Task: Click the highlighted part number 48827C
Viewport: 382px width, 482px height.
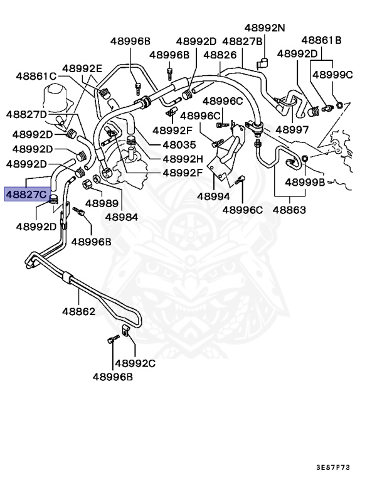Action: pyautogui.click(x=26, y=195)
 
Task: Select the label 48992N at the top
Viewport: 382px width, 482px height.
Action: pyautogui.click(x=264, y=28)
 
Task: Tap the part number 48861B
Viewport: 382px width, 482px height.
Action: pyautogui.click(x=321, y=41)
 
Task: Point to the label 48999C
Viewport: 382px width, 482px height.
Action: pyautogui.click(x=332, y=75)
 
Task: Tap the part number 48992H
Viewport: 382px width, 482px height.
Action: pyautogui.click(x=183, y=159)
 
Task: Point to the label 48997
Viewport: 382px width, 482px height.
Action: pyautogui.click(x=292, y=130)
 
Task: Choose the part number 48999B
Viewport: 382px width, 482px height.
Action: pyautogui.click(x=305, y=183)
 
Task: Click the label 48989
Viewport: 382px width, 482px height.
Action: pyautogui.click(x=102, y=203)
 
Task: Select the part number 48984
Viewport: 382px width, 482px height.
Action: pyautogui.click(x=121, y=217)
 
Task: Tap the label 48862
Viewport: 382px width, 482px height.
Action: pyautogui.click(x=78, y=311)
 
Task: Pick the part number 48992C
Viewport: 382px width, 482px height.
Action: pyautogui.click(x=135, y=363)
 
